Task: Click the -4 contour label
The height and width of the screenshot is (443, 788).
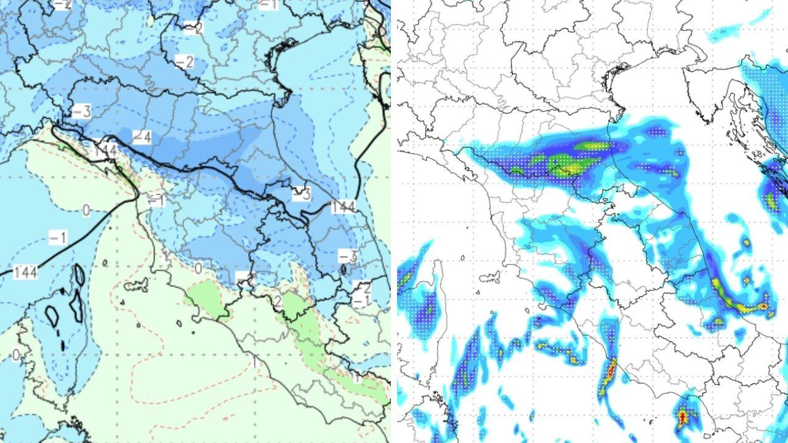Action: pos(142,137)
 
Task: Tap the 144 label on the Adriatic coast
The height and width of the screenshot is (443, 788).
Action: pos(343,207)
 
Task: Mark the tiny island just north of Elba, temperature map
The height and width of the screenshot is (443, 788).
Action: pos(105,263)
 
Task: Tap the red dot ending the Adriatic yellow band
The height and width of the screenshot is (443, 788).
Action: pos(763,306)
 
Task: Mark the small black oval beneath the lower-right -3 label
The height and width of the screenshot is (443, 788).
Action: pos(344,269)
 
